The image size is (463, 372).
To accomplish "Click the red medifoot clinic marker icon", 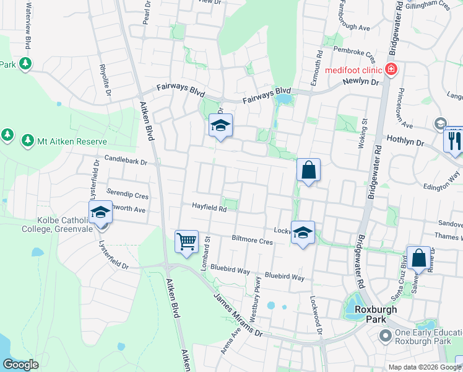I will pyautogui.click(x=391, y=69).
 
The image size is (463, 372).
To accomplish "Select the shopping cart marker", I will pyautogui.click(x=186, y=241).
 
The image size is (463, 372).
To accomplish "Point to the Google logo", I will pyautogui.click(x=20, y=365).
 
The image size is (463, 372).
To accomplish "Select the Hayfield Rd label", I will pyautogui.click(x=209, y=208).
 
